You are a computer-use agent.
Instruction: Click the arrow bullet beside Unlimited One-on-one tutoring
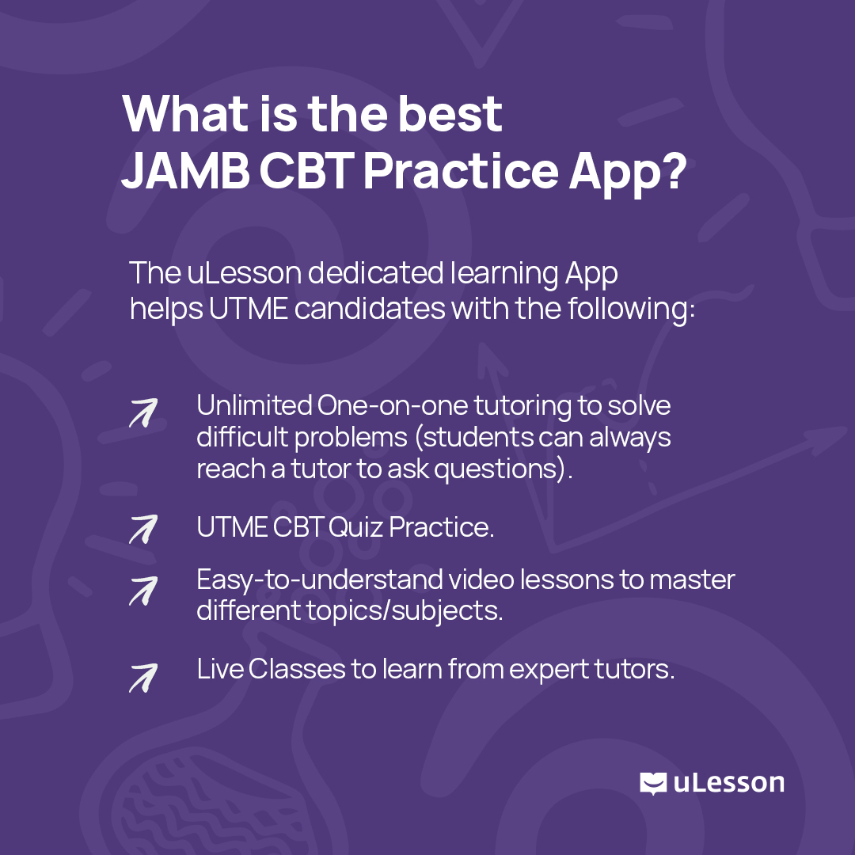tap(143, 412)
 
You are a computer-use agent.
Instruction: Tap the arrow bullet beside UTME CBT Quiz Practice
tap(143, 529)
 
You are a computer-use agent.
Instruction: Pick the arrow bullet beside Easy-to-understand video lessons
tap(143, 591)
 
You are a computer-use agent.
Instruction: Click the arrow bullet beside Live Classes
tap(143, 678)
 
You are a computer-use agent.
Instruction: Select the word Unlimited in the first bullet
tap(254, 405)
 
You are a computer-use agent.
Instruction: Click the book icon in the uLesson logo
tap(653, 784)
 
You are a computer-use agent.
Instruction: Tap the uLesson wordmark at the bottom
tap(728, 784)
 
